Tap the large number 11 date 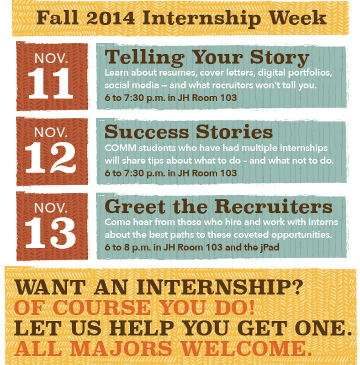(x=50, y=84)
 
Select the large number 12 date (x=50, y=159)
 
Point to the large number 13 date (x=50, y=234)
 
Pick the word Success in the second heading (x=145, y=132)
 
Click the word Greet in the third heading (x=130, y=207)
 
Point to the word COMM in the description (x=118, y=149)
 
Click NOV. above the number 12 (x=50, y=132)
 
